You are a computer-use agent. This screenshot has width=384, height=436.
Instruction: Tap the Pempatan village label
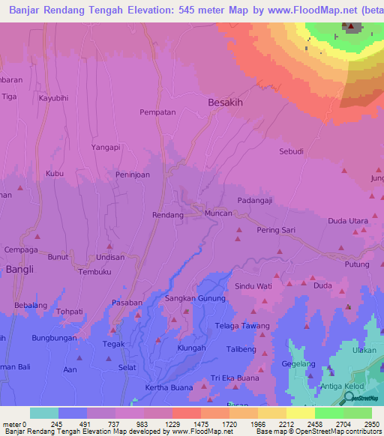point(157,112)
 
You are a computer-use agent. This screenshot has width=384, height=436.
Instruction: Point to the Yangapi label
point(106,148)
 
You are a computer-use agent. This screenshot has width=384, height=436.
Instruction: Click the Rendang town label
point(168,215)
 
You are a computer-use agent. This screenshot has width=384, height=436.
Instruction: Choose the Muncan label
point(219,214)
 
